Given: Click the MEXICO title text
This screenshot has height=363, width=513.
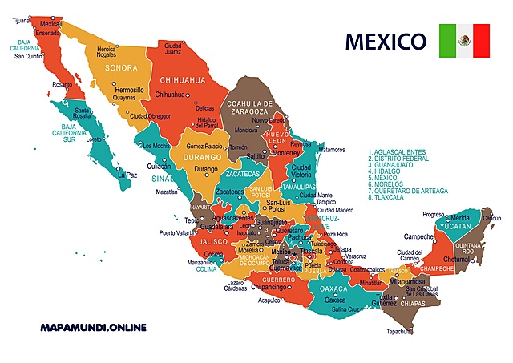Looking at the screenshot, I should (x=385, y=40).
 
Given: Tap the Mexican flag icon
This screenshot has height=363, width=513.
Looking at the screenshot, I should (x=464, y=40).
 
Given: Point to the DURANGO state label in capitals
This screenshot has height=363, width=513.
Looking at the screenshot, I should (x=200, y=159).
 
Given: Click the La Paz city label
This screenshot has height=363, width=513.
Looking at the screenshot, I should (x=127, y=175).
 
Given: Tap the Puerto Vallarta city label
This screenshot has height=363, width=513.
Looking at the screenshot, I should (x=178, y=233).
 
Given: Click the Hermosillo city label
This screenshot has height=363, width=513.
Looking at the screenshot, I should (x=129, y=91).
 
